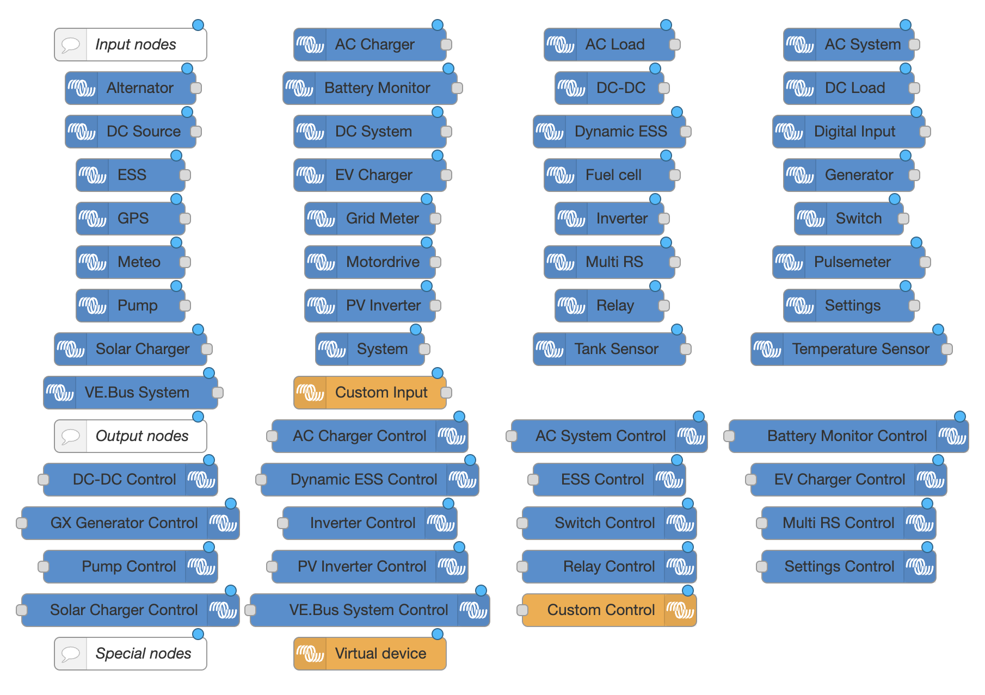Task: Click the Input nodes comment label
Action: click(x=136, y=45)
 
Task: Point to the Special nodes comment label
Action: click(x=143, y=654)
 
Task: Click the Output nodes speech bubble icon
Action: click(x=71, y=436)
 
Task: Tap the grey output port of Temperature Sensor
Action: click(x=947, y=349)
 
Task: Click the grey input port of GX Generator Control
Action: click(x=22, y=523)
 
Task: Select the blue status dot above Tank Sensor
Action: click(x=677, y=330)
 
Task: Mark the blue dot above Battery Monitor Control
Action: click(x=960, y=417)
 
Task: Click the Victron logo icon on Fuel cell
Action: click(x=561, y=175)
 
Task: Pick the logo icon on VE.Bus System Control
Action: click(x=473, y=610)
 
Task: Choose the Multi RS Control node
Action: click(x=838, y=523)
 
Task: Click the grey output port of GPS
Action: click(x=185, y=219)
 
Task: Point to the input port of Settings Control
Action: click(x=762, y=567)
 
